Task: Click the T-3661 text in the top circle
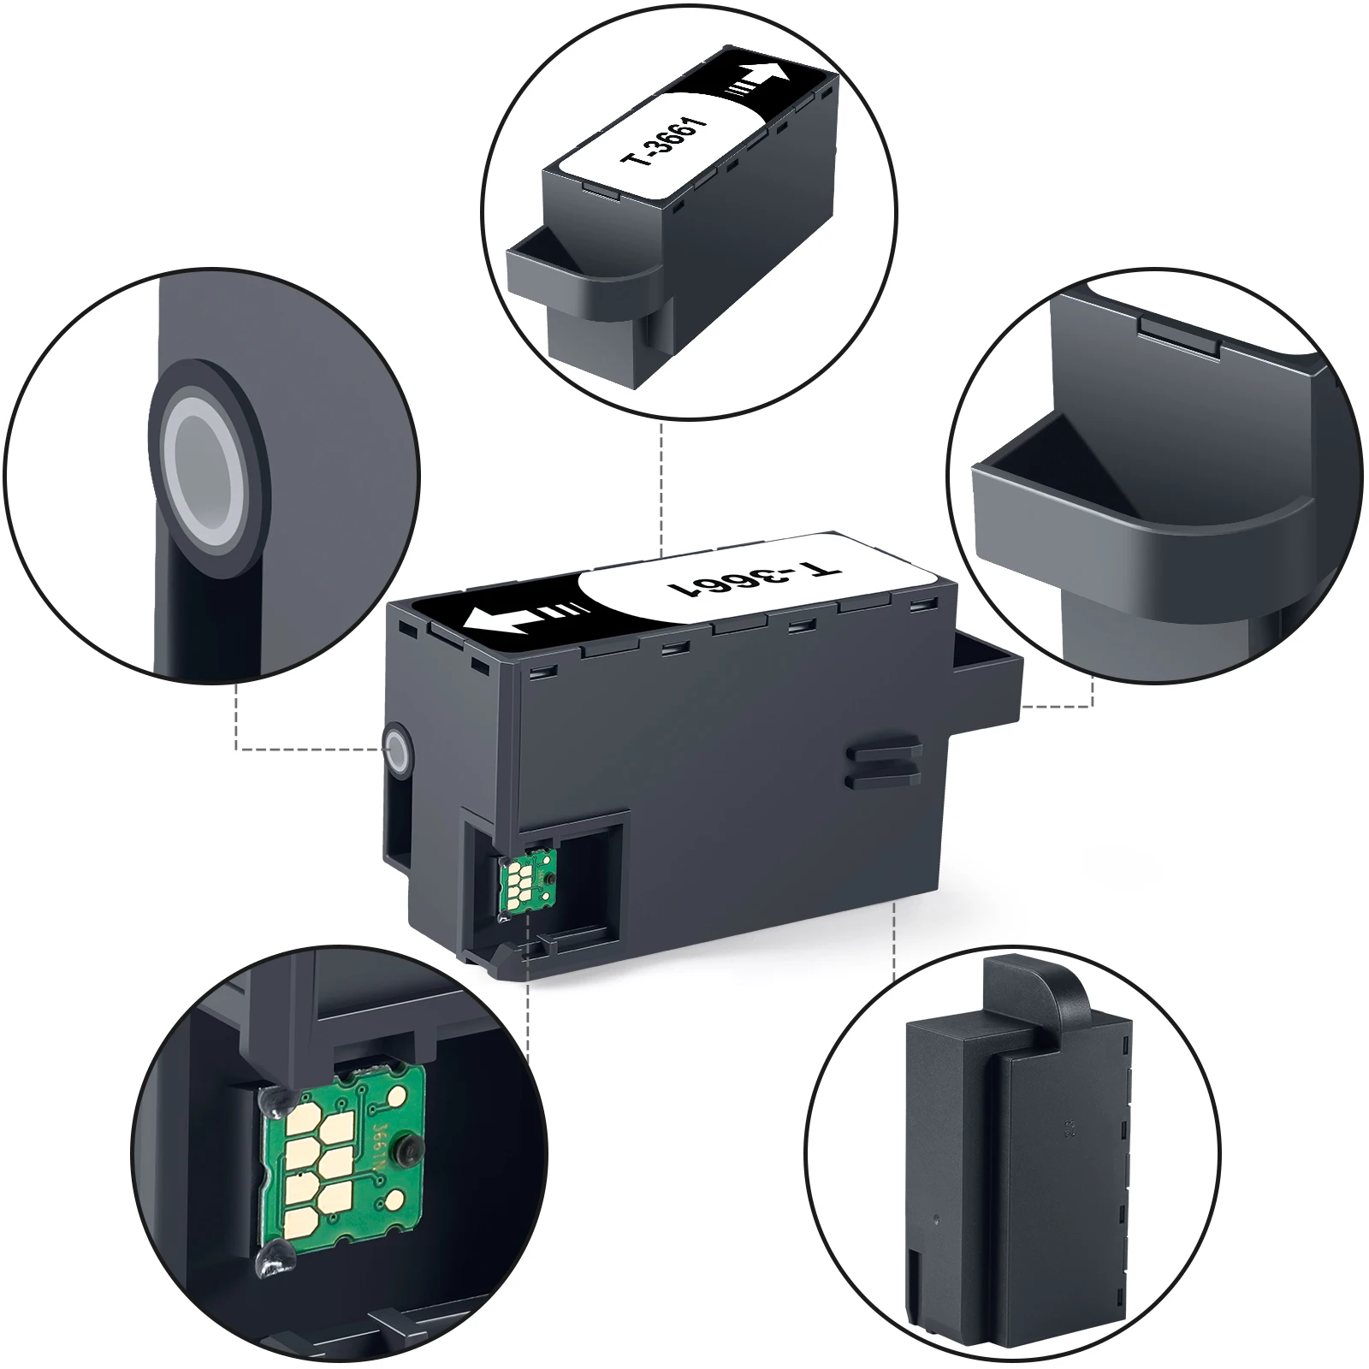coord(661,136)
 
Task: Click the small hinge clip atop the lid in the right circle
coord(1181,336)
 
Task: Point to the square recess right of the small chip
coord(590,873)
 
